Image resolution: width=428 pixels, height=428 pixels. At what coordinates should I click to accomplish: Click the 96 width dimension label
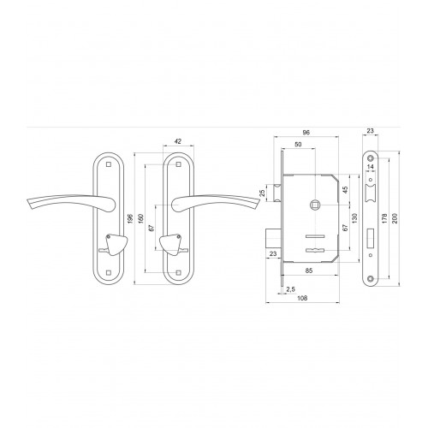tap(306, 133)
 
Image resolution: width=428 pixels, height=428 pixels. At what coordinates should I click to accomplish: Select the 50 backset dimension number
tap(298, 145)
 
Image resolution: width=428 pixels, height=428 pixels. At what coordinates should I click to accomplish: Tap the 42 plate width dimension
tap(178, 141)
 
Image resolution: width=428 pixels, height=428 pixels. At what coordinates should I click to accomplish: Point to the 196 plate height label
tap(130, 218)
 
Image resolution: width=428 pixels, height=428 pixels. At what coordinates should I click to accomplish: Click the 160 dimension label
tap(141, 218)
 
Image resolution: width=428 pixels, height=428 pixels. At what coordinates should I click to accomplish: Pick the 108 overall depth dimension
tap(302, 298)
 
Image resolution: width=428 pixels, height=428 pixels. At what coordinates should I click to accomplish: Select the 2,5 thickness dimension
tap(290, 289)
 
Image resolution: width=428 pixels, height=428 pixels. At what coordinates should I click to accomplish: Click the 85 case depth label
tap(309, 270)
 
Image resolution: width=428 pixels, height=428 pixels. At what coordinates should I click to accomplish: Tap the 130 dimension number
tap(354, 218)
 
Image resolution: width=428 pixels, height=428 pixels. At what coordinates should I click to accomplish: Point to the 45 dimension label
tap(345, 190)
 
